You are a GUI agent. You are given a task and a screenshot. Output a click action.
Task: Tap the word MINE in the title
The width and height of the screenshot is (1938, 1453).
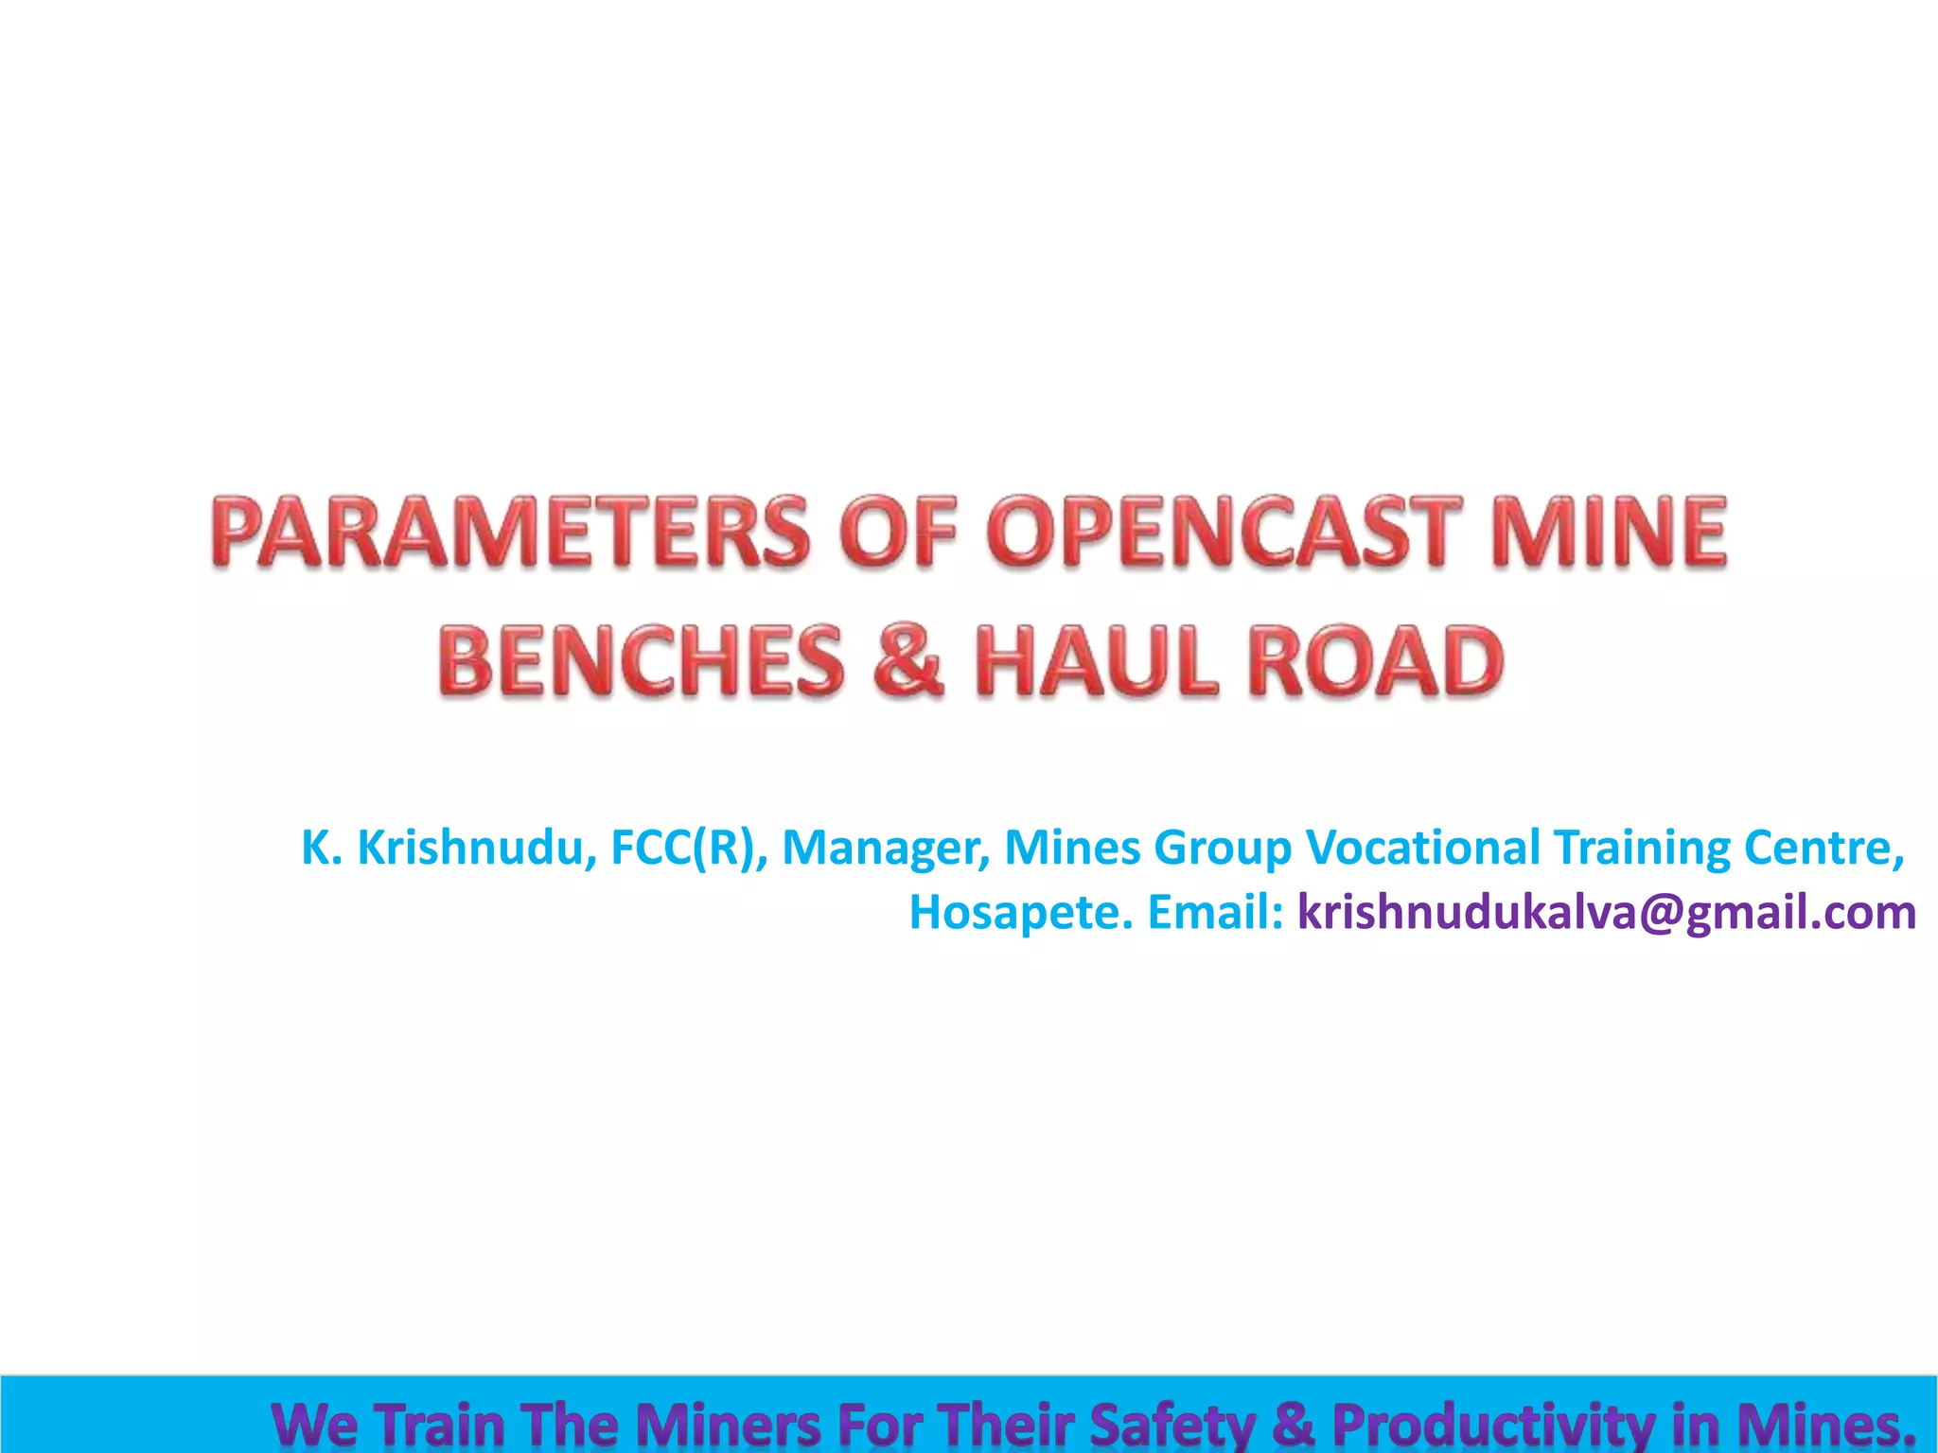(1608, 532)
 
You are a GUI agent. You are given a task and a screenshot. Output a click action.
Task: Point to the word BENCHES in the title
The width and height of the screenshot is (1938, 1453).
(641, 660)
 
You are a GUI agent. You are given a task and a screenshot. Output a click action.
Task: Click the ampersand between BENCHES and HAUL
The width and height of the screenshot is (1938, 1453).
(908, 660)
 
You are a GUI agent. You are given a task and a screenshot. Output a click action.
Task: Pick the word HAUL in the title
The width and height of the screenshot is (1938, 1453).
(1096, 660)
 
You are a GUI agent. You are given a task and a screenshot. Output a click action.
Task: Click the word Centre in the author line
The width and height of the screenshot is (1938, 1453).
(1823, 848)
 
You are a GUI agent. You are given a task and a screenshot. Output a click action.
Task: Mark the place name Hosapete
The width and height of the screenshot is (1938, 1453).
(1020, 914)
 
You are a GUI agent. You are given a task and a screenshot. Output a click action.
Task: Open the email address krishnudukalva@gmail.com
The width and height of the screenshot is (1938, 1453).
(1606, 914)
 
